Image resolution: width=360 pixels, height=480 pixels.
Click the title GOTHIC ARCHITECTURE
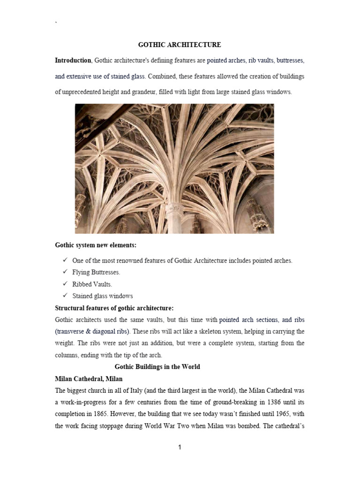[x=179, y=45]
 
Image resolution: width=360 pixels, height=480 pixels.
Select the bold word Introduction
[x=73, y=60]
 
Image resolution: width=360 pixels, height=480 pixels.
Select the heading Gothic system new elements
[x=96, y=245]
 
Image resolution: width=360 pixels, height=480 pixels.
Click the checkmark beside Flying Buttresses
[x=65, y=272]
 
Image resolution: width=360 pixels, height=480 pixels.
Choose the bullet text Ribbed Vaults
[x=92, y=284]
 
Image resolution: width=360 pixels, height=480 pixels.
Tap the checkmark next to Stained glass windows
[x=65, y=296]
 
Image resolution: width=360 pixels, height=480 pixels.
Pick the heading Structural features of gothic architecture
[x=114, y=308]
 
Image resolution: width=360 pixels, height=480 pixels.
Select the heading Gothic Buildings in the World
[x=157, y=367]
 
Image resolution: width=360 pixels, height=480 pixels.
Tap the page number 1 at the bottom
[x=180, y=447]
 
